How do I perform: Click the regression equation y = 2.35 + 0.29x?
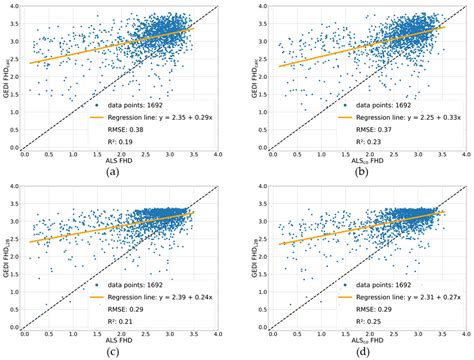coord(158,116)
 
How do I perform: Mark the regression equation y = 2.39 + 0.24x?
coord(158,296)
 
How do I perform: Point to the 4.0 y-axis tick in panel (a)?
coord(13,6)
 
